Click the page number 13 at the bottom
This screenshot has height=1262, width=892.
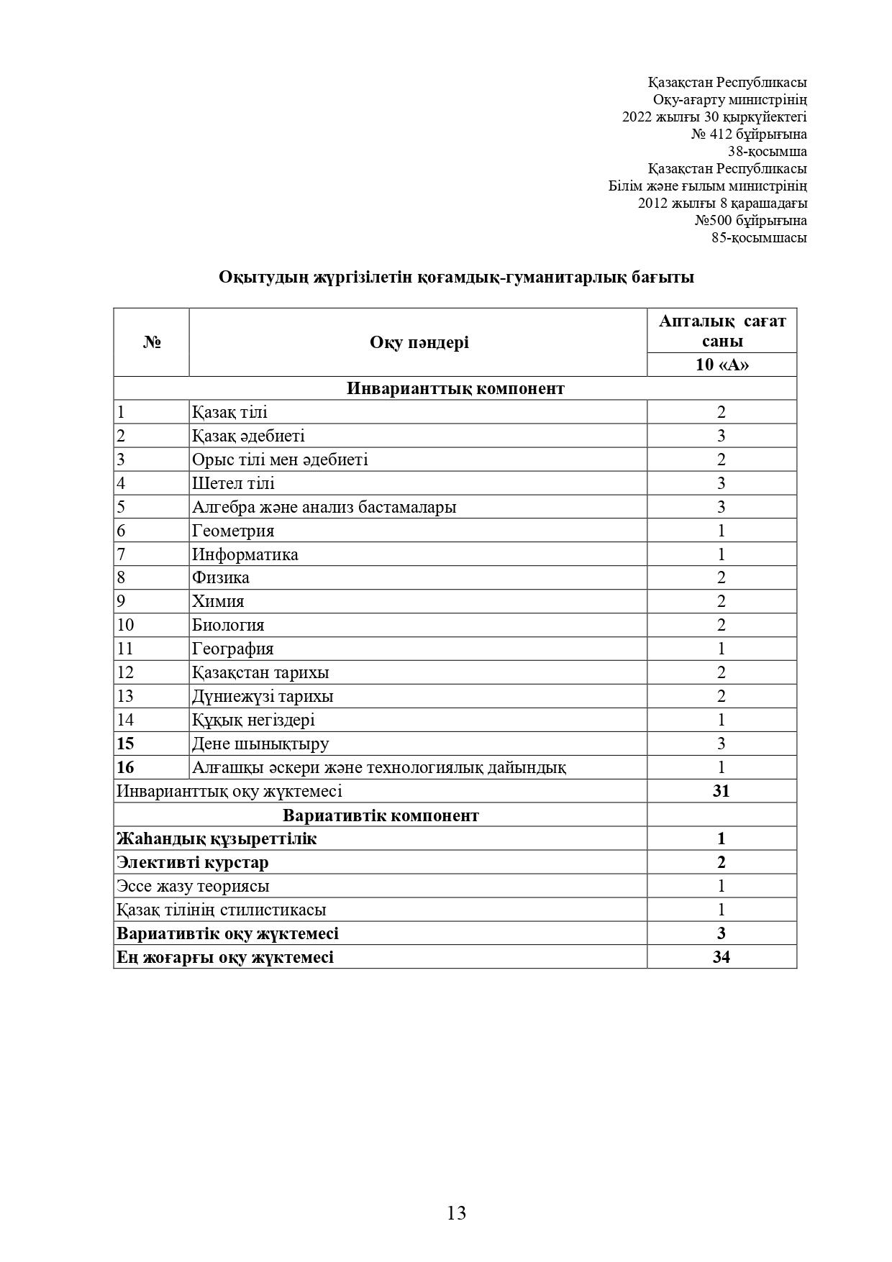click(456, 1213)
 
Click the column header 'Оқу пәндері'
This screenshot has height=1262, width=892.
click(419, 342)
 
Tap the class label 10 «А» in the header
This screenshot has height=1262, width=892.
click(722, 365)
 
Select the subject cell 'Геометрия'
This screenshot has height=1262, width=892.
click(233, 531)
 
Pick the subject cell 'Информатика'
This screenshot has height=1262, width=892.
click(245, 554)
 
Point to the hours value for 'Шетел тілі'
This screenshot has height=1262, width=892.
click(721, 483)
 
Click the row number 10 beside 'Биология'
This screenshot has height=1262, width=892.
click(125, 625)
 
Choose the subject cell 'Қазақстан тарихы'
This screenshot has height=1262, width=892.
click(260, 672)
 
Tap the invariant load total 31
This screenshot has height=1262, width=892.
click(721, 791)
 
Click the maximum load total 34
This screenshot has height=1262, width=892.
click(721, 957)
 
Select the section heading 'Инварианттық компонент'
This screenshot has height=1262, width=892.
click(455, 388)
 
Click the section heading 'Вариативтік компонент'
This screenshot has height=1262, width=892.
click(381, 815)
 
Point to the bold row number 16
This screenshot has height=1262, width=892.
click(125, 767)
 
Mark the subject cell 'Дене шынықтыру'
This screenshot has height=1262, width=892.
click(260, 744)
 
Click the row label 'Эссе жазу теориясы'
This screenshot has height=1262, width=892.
click(193, 886)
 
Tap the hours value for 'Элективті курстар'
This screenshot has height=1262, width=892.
click(721, 862)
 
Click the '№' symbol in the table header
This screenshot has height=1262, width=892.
click(151, 342)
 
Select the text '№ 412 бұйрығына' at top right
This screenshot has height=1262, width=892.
click(749, 134)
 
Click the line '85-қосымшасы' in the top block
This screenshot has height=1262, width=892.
click(759, 238)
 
